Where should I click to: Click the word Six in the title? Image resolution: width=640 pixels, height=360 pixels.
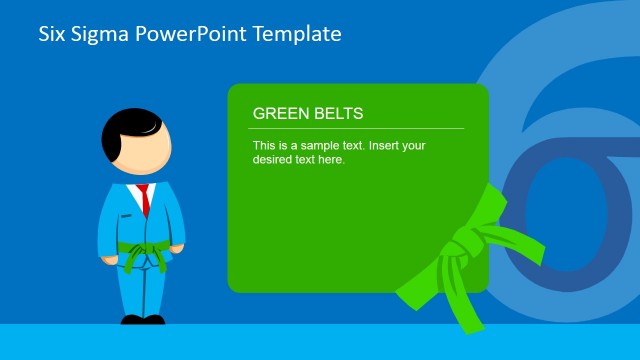coord(52,34)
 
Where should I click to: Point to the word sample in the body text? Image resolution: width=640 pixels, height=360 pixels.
coord(317,146)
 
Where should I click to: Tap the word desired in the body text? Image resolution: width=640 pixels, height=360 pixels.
coord(274,160)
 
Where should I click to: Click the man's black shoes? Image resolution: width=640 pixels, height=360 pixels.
coord(142,320)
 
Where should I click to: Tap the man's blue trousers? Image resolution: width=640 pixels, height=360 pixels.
coord(142,290)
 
